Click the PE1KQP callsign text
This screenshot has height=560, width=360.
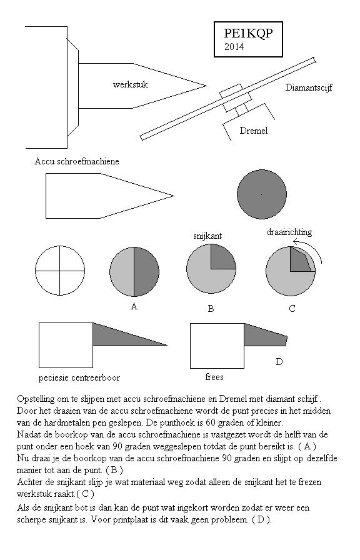(248, 33)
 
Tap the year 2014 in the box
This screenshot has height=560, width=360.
(234, 46)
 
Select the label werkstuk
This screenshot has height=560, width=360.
(131, 84)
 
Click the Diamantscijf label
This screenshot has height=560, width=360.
(309, 87)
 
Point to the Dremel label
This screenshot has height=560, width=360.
(254, 131)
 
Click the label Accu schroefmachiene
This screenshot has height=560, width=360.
(77, 161)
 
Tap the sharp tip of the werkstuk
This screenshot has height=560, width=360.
(206, 86)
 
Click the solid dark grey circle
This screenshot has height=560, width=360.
(262, 194)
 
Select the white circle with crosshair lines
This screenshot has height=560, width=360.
(60, 271)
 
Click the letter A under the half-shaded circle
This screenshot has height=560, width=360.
(134, 306)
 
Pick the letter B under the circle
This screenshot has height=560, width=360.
(211, 309)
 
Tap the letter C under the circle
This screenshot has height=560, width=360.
(292, 309)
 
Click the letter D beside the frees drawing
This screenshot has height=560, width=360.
(279, 362)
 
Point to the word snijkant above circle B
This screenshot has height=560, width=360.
(207, 236)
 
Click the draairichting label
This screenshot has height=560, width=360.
(289, 232)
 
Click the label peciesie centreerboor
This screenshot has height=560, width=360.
(79, 378)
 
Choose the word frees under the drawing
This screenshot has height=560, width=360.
(214, 377)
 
